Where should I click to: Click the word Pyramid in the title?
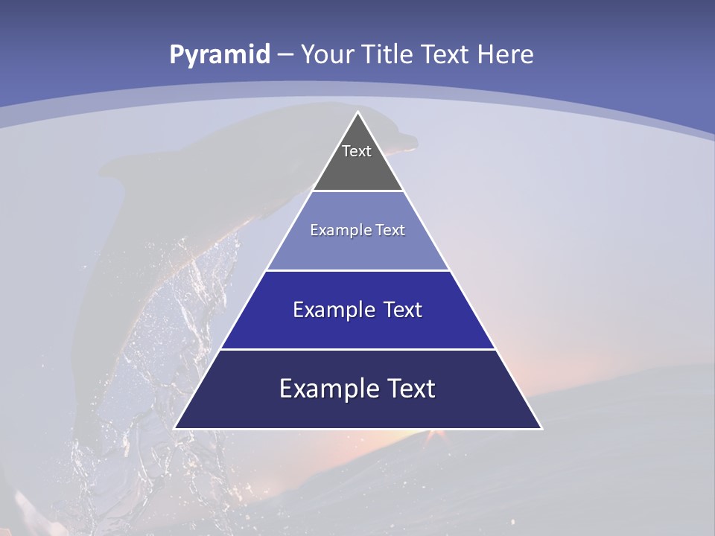point(219,55)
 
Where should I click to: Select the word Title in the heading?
point(389,55)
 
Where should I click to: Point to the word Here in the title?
point(506,55)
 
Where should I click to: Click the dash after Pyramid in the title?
point(285,55)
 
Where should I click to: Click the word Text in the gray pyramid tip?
point(357,151)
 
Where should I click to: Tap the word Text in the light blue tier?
point(387,230)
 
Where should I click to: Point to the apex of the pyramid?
point(357,112)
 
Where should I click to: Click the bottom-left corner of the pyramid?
point(176,428)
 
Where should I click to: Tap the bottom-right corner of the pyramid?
point(541,428)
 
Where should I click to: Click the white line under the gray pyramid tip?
point(357,191)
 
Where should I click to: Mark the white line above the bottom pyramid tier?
point(357,349)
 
